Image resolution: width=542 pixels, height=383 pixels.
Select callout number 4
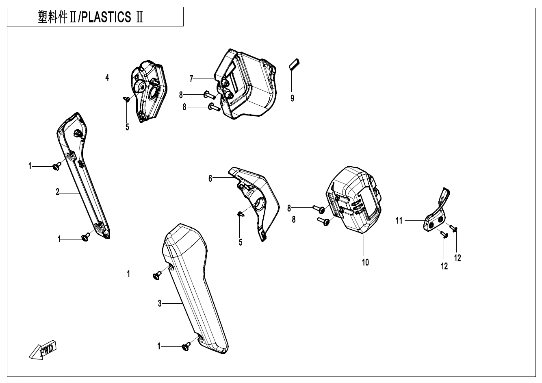pyautogui.click(x=107, y=78)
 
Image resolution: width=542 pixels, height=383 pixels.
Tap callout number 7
pyautogui.click(x=191, y=78)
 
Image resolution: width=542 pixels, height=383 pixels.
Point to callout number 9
pyautogui.click(x=292, y=98)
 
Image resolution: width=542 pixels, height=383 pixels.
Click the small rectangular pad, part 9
pyautogui.click(x=294, y=64)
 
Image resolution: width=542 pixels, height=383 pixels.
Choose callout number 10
pyautogui.click(x=365, y=262)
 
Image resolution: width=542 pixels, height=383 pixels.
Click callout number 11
pyautogui.click(x=399, y=220)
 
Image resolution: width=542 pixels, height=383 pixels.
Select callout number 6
pyautogui.click(x=210, y=178)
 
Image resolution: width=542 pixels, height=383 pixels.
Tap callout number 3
pyautogui.click(x=160, y=303)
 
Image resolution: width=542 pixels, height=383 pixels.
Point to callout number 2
pyautogui.click(x=58, y=193)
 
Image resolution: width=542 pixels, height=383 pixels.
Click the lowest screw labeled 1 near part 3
pyautogui.click(x=186, y=346)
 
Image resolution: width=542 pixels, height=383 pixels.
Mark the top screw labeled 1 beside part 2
pyautogui.click(x=57, y=165)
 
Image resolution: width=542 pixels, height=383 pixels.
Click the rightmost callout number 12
pyautogui.click(x=457, y=258)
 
